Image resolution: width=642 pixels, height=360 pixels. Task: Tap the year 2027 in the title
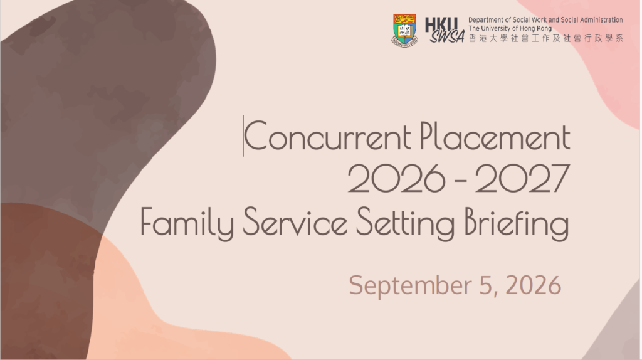522,179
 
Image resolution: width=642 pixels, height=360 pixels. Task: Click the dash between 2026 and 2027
460,179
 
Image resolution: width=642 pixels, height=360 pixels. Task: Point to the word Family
187,223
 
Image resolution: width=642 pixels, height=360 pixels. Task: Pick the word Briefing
517,223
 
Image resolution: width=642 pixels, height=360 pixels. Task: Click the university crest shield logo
404,30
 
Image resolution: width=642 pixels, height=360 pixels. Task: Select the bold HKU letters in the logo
441,24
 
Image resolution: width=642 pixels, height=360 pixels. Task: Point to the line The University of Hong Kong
510,28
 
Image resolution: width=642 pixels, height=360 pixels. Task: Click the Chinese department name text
546,38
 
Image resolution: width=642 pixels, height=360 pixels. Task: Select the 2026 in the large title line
396,179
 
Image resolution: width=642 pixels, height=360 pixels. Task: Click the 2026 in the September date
533,285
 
